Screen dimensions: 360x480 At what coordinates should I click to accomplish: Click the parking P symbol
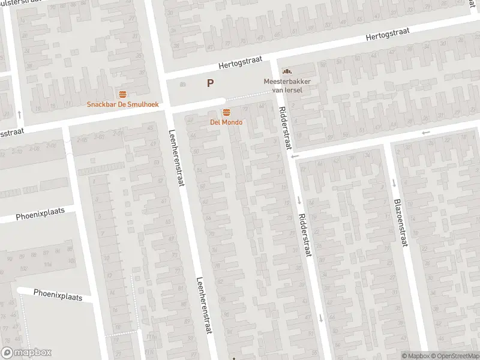(210, 84)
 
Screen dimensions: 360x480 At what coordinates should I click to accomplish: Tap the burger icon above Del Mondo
(226, 113)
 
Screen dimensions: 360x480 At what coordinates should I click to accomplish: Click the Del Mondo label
(226, 122)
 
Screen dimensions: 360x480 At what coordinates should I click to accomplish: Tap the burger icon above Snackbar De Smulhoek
(123, 94)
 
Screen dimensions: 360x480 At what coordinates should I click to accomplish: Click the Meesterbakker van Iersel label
(283, 86)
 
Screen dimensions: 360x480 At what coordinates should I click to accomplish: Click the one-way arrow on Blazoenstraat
(394, 183)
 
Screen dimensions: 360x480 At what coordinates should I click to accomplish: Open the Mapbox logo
(26, 353)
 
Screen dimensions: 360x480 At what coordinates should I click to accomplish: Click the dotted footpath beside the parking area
(247, 96)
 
